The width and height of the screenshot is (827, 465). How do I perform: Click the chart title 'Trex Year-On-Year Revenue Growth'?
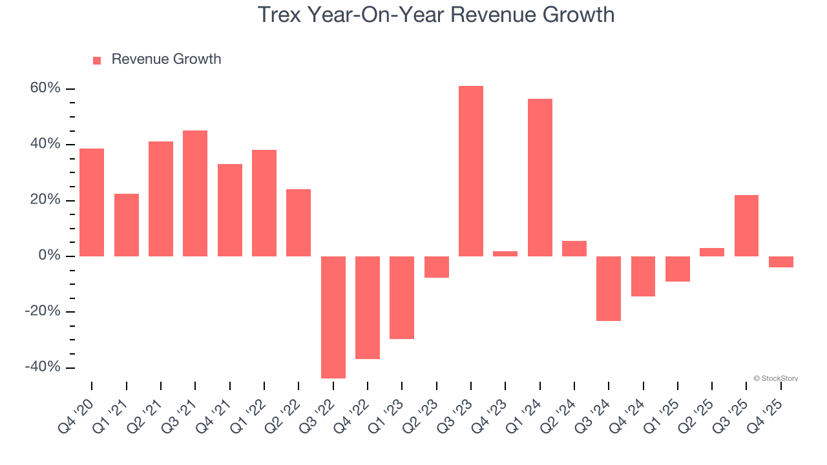[x=436, y=14]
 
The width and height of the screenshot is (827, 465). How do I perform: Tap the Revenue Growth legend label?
[x=166, y=59]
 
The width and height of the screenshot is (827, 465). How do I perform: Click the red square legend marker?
[x=97, y=61]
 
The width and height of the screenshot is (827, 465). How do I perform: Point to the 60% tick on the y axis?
[x=45, y=88]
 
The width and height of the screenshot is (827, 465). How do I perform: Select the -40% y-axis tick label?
[x=43, y=367]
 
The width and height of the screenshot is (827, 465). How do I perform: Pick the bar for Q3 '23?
[x=470, y=171]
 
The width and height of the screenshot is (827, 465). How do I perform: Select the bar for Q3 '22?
[x=333, y=317]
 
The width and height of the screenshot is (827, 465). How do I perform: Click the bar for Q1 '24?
[x=539, y=178]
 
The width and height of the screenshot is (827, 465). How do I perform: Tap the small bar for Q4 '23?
[x=505, y=254]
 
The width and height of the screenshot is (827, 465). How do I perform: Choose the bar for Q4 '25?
[x=780, y=262]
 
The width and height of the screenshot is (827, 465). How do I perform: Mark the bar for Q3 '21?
[x=195, y=193]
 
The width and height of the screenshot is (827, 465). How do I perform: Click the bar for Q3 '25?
[x=746, y=225]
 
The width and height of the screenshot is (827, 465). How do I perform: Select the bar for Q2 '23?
[x=436, y=267]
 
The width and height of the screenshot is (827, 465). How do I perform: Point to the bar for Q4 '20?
[x=92, y=202]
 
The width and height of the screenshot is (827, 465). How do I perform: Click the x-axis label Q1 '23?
[x=390, y=416]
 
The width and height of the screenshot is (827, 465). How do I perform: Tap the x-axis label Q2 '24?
[x=563, y=416]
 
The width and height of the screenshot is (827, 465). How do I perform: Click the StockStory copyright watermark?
[x=775, y=378]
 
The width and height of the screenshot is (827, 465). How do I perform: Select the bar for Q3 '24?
[x=609, y=289]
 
